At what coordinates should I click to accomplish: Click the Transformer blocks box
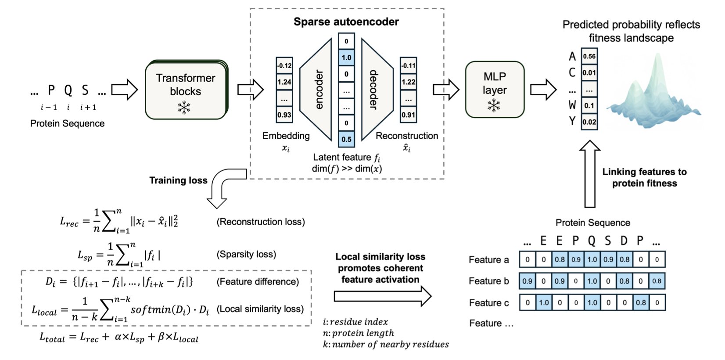pos(186,90)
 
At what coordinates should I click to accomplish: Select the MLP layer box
pos(495,90)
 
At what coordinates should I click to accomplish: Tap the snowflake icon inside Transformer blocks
pos(184,107)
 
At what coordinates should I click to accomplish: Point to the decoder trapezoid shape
pos(375,90)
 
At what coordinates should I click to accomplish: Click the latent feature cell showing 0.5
pos(346,139)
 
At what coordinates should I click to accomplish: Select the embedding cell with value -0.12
pos(284,65)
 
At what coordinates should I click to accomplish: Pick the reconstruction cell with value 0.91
pos(408,115)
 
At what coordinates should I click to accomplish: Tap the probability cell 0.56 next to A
pos(589,56)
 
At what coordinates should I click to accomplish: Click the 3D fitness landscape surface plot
pos(654,97)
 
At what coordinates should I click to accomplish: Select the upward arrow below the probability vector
pos(589,173)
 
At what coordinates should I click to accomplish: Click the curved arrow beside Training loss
pos(224,187)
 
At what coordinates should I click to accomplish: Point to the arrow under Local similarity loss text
pos(382,296)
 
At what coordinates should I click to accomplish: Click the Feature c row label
pos(489,303)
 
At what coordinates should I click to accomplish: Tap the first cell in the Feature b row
pos(527,281)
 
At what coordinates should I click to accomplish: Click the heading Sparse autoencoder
pos(346,22)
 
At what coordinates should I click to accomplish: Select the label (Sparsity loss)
pos(246,254)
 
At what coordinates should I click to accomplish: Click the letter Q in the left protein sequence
pos(68,90)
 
